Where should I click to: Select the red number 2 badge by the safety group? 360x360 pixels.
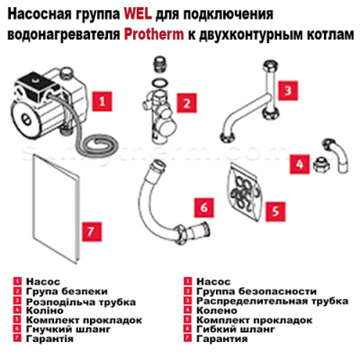click(x=187, y=104)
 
